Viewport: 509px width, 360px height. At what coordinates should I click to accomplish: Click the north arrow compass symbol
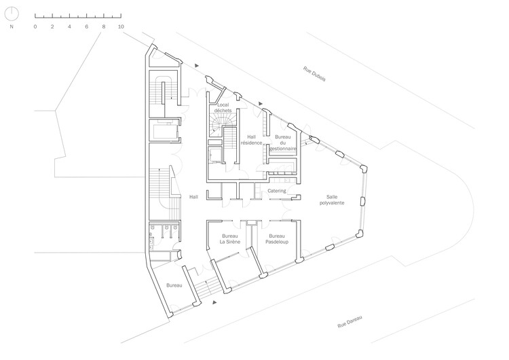pos(12,14)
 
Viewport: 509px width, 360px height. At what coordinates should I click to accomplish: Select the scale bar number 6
pos(87,26)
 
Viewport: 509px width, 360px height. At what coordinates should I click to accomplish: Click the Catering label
pos(277,191)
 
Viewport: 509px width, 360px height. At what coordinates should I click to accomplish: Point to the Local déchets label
pos(223,107)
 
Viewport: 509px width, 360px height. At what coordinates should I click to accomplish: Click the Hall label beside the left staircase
pos(194,196)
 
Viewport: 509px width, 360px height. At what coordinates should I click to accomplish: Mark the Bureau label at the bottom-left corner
pos(174,285)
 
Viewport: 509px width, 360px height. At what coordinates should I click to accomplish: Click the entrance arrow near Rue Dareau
pos(215,302)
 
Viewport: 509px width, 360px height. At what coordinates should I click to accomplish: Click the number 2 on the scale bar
pos(52,26)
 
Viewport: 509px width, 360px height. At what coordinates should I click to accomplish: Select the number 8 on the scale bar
pos(104,26)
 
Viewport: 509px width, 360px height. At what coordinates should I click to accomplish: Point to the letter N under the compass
pos(12,26)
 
